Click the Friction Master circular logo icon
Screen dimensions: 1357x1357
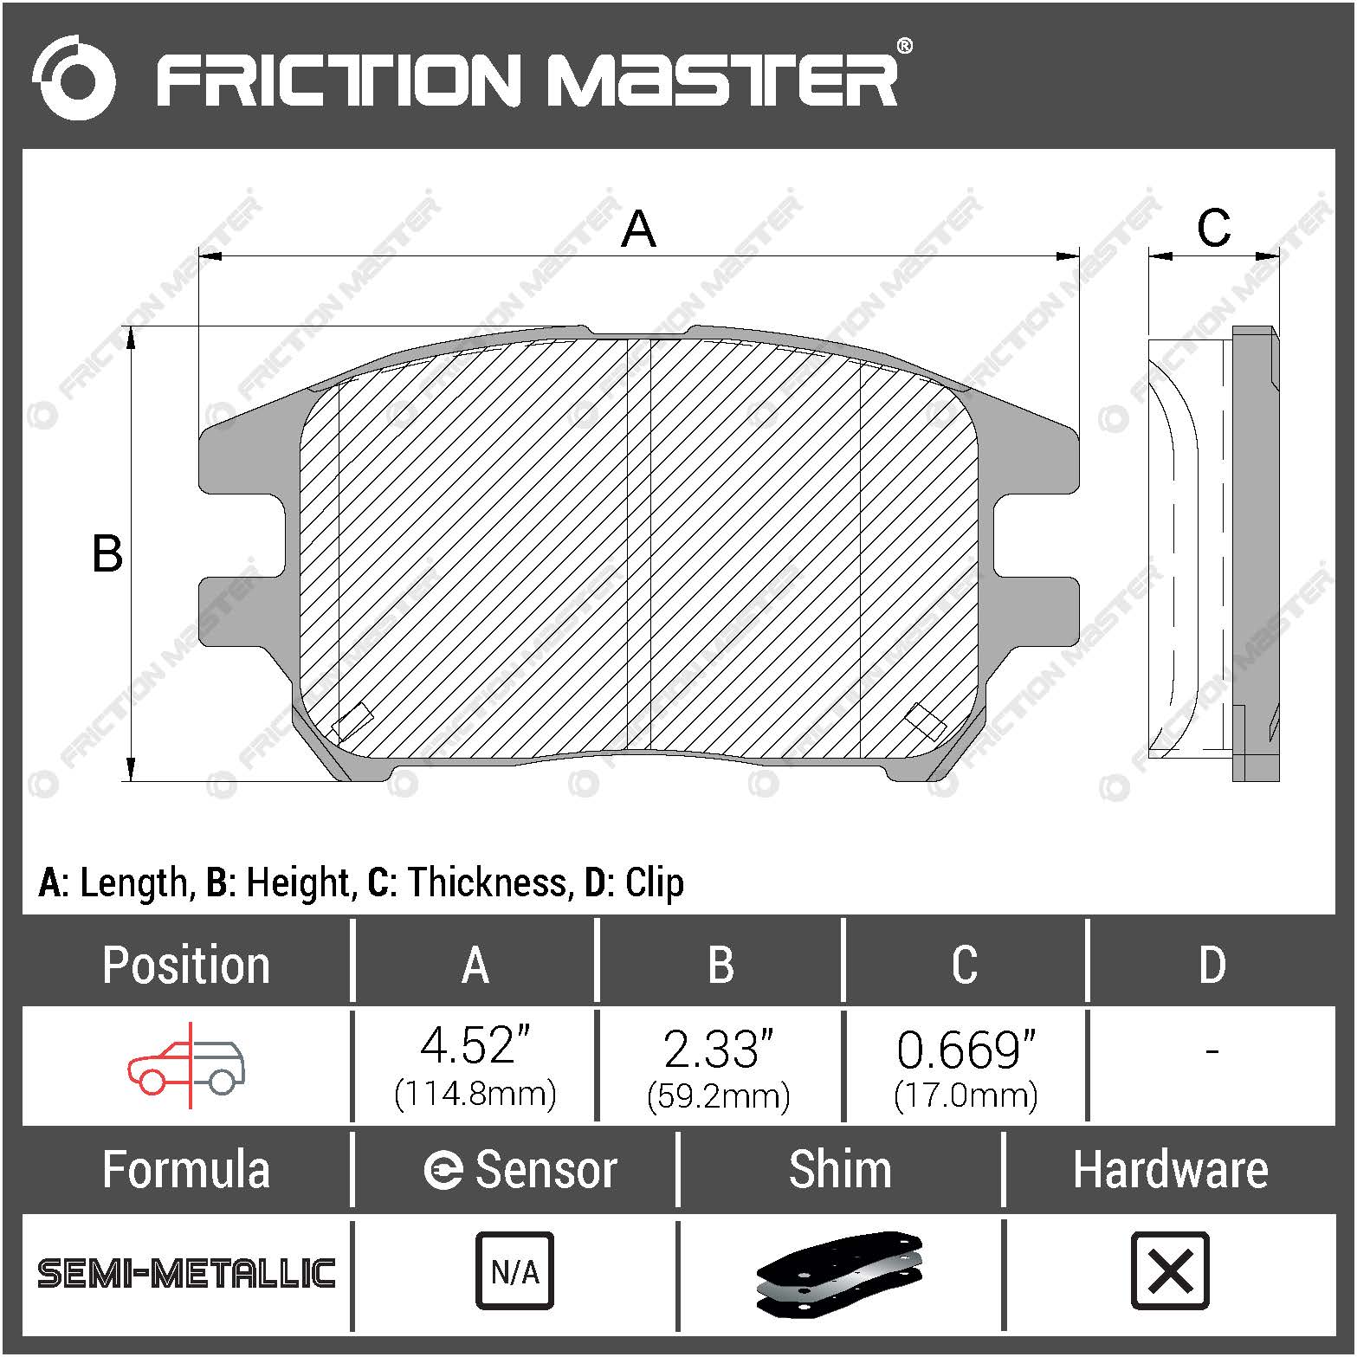[x=73, y=78]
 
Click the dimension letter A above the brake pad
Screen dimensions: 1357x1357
[x=638, y=229]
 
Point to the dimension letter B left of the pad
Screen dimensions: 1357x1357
[x=107, y=554]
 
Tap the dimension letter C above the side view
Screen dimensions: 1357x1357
[x=1212, y=229]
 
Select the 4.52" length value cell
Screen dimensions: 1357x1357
[x=475, y=1066]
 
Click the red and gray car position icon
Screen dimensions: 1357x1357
[x=186, y=1066]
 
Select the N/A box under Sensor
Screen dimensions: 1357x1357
[x=514, y=1271]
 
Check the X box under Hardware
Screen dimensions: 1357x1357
[x=1170, y=1271]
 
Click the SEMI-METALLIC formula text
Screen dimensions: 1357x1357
[x=186, y=1273]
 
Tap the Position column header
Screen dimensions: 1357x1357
[x=186, y=965]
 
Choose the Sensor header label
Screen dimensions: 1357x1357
[x=546, y=1170]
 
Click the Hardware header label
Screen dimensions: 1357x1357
[x=1170, y=1170]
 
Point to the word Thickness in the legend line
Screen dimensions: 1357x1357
[x=488, y=882]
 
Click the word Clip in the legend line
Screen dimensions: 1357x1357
[x=654, y=882]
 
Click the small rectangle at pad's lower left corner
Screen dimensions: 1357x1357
[x=353, y=721]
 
